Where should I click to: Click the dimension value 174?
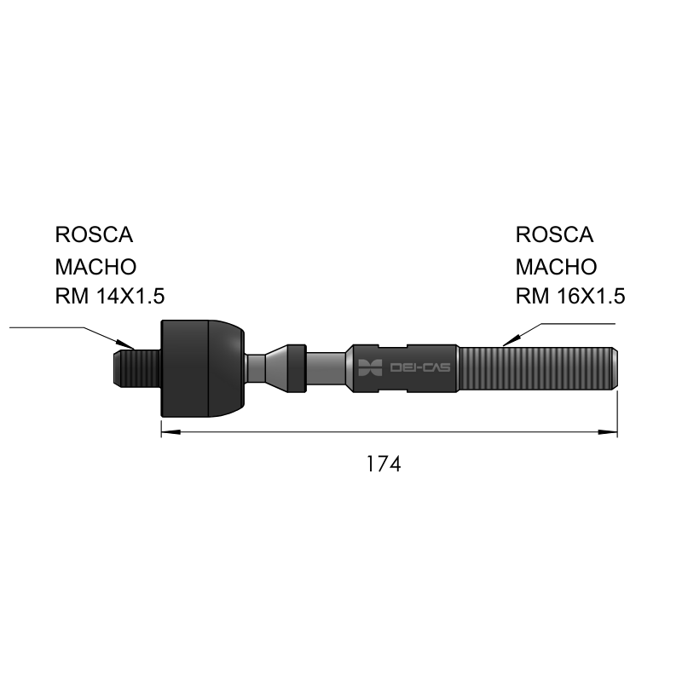click(384, 464)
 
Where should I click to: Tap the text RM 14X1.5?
click(110, 296)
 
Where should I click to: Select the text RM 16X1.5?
click(570, 296)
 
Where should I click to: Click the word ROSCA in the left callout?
click(94, 235)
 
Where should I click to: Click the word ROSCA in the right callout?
click(555, 235)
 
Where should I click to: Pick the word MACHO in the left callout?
click(95, 267)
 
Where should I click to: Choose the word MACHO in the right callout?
click(557, 267)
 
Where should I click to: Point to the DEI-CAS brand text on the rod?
click(420, 367)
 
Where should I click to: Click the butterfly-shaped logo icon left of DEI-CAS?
click(370, 367)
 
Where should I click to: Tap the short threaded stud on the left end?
click(137, 369)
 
